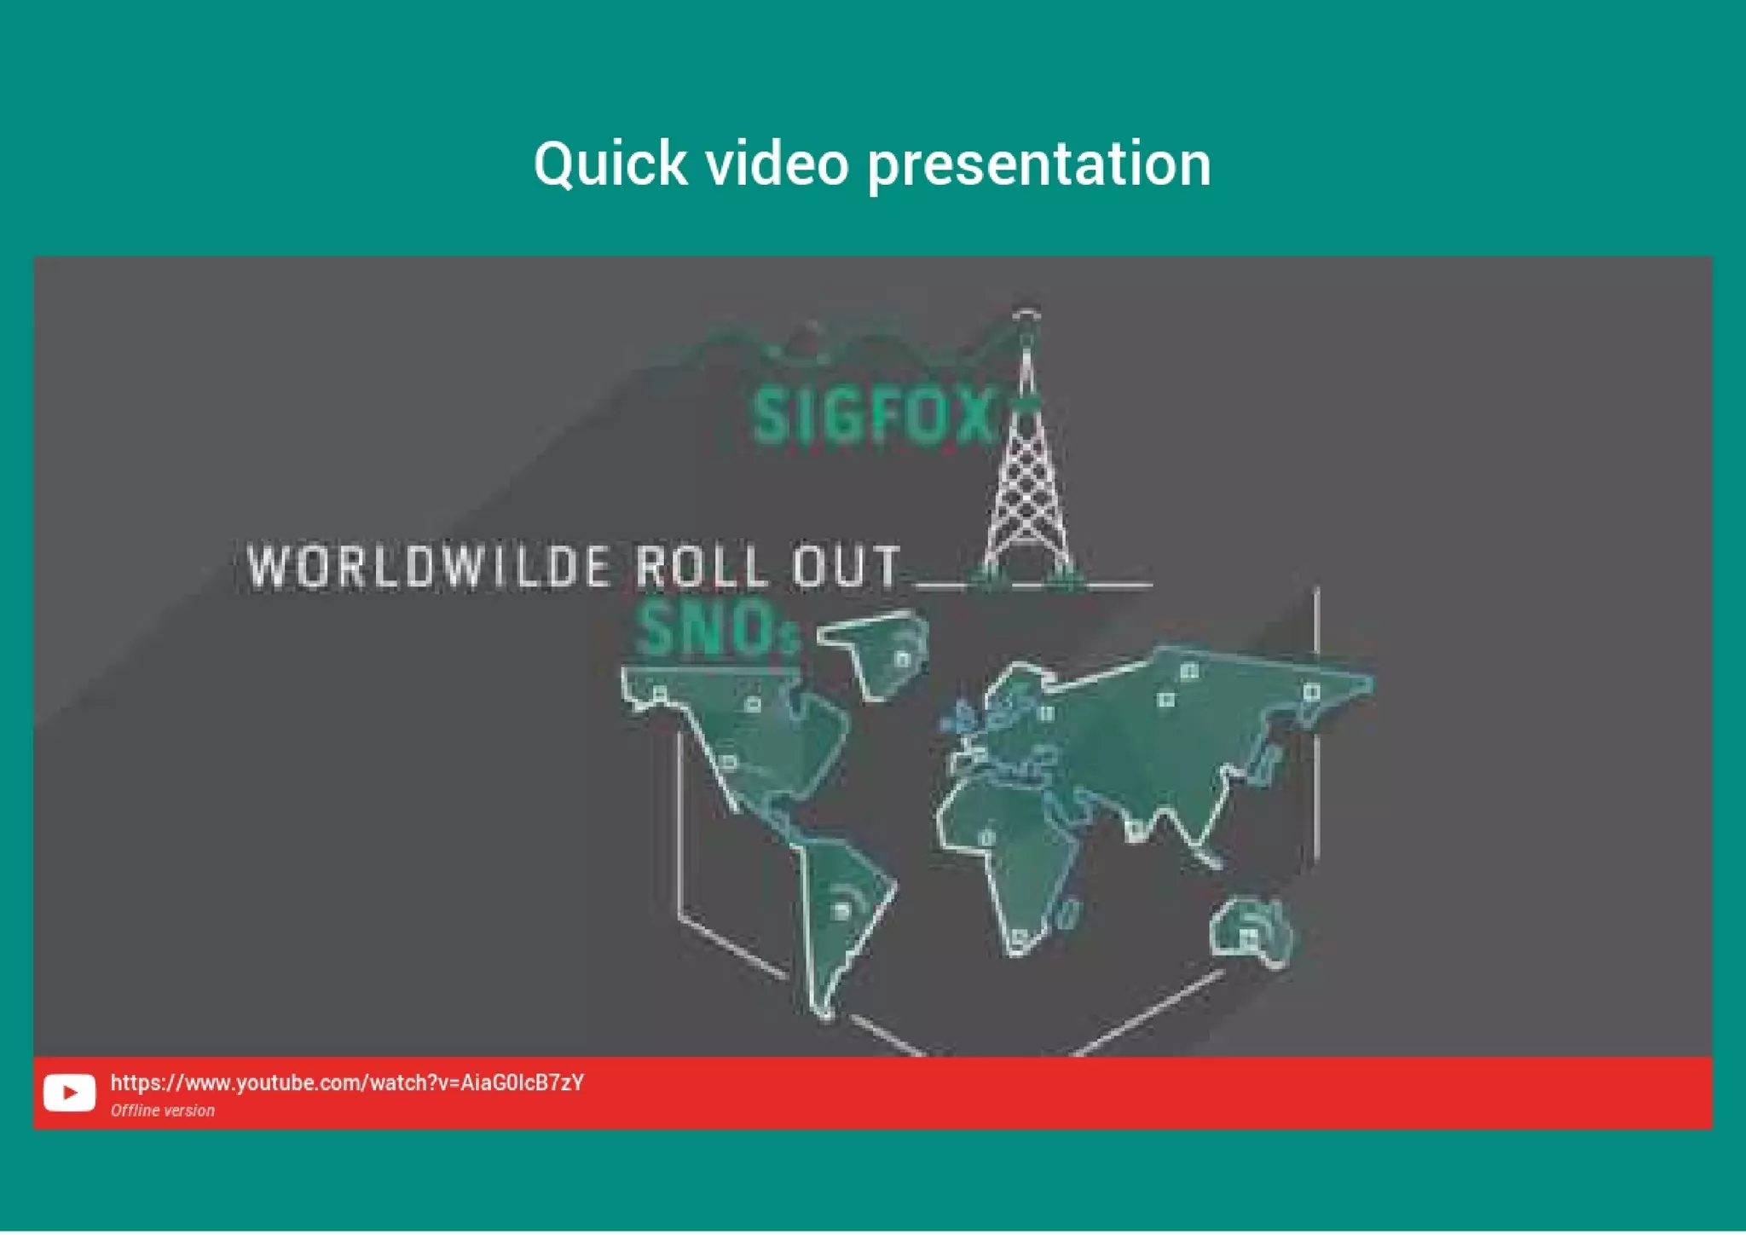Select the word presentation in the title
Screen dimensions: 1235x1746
tap(1038, 164)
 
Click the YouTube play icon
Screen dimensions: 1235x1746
tap(69, 1092)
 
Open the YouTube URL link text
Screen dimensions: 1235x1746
tap(347, 1082)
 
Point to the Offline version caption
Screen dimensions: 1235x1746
tap(162, 1111)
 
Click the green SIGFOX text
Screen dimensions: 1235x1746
tap(874, 415)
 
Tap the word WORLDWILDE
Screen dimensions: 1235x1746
tap(429, 567)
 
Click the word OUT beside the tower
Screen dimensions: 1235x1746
tap(846, 567)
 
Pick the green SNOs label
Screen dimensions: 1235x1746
tap(716, 629)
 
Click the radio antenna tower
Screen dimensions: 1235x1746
tap(1026, 477)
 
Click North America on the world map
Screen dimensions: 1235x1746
tap(750, 733)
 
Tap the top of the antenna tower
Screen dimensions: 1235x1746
tap(1026, 315)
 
